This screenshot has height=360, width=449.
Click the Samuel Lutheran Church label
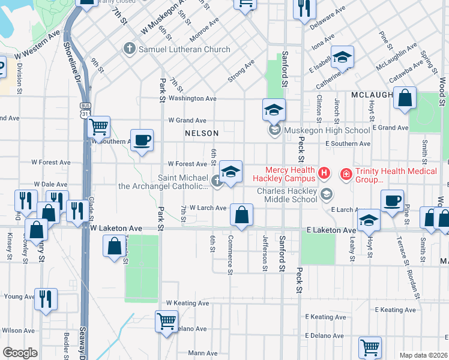184,49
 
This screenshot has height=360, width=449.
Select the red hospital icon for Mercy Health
324,174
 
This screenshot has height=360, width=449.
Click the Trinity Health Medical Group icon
346,174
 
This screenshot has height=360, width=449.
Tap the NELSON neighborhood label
202,132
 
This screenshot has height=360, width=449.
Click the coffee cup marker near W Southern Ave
142,140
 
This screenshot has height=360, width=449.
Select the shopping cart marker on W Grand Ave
98,127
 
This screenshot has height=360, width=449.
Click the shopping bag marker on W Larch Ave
241,215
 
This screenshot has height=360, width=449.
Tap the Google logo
20,353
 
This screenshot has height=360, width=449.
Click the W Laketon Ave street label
116,229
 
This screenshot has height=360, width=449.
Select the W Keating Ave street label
187,304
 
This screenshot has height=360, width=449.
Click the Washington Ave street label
192,98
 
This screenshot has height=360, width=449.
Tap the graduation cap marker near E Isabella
342,58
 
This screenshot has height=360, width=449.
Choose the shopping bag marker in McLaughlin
405,98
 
